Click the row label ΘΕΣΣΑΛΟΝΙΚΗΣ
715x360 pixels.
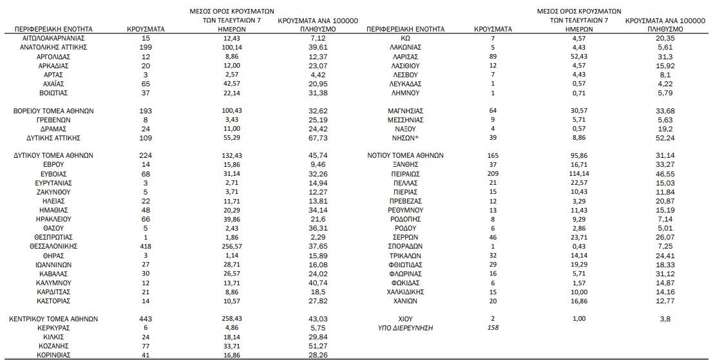53,246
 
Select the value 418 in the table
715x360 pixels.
146,246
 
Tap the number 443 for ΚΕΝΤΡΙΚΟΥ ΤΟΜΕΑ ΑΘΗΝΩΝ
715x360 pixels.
146,318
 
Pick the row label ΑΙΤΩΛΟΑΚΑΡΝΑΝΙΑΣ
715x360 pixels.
53,39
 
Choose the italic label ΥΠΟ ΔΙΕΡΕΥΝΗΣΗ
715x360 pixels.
406,327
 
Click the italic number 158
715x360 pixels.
493,327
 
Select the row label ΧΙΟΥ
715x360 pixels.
406,318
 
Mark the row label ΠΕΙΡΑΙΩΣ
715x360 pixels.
406,174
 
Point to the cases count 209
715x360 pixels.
493,174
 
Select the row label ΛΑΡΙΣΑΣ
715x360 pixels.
406,57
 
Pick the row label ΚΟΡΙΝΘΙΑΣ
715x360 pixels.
53,354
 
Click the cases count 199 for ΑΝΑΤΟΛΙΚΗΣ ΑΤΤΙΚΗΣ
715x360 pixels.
146,48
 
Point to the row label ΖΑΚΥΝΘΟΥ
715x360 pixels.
53,192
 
